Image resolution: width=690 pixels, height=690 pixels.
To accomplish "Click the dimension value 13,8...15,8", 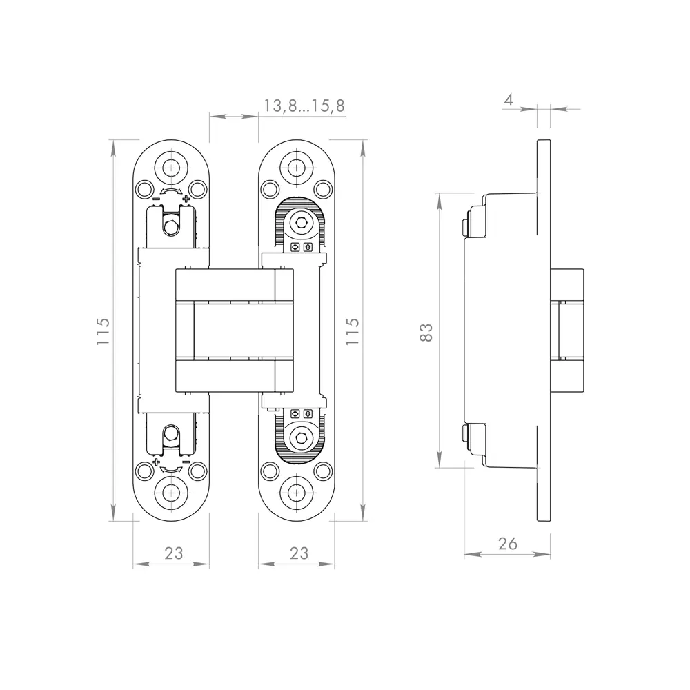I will [x=304, y=106].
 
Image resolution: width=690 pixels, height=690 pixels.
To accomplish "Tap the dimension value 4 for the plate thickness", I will [x=509, y=99].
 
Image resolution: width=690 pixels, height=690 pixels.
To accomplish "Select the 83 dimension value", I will [x=426, y=332].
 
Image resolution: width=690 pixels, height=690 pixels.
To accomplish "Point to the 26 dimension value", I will [x=507, y=543].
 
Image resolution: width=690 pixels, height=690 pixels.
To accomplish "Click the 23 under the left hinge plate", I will [x=174, y=553].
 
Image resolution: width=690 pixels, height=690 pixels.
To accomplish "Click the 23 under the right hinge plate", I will [x=299, y=553].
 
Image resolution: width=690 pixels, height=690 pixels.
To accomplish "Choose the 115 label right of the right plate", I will [x=353, y=332].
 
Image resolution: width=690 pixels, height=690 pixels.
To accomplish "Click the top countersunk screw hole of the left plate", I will [x=170, y=167].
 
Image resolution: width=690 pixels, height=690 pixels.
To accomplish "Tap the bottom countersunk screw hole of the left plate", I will [x=170, y=493].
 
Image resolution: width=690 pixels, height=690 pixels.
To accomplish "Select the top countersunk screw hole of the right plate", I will [x=296, y=167].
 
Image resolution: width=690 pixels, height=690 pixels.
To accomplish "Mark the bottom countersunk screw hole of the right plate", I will [x=296, y=493].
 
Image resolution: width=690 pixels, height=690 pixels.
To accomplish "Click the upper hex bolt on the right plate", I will [x=300, y=223].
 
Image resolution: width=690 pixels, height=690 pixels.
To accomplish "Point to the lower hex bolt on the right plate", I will [x=300, y=436].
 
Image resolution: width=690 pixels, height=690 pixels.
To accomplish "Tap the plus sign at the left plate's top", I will [x=186, y=199].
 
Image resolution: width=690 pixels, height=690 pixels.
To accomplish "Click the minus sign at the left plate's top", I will [x=156, y=199].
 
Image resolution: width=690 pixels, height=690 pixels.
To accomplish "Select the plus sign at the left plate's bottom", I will [x=157, y=461].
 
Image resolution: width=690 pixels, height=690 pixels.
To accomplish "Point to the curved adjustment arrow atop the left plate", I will [x=170, y=192].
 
